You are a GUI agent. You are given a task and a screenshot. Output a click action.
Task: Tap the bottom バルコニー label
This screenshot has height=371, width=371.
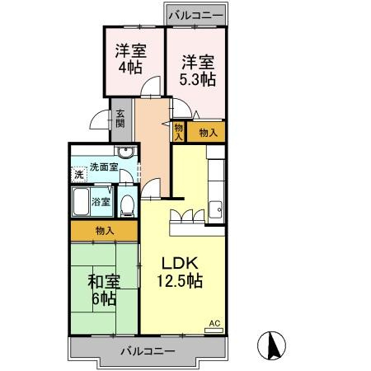tap(147, 350)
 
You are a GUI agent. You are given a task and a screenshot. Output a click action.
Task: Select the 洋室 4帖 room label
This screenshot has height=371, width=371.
tap(130, 58)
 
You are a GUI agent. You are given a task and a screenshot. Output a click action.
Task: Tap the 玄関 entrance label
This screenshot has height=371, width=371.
tap(120, 119)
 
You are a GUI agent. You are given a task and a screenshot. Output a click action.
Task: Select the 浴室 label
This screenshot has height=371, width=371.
tap(101, 200)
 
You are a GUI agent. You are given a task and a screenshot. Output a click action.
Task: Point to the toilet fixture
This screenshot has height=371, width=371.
tap(128, 203)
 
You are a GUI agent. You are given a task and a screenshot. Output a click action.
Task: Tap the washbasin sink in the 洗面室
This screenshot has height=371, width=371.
tap(124, 153)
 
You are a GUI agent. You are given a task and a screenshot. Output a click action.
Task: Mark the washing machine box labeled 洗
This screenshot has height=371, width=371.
tap(78, 174)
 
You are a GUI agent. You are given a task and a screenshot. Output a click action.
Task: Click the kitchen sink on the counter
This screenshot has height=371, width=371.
tap(217, 209)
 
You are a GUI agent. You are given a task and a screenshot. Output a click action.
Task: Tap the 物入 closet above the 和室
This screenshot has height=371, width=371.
tap(104, 231)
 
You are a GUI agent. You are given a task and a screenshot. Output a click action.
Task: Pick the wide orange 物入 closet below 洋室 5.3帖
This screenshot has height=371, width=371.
tap(207, 132)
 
